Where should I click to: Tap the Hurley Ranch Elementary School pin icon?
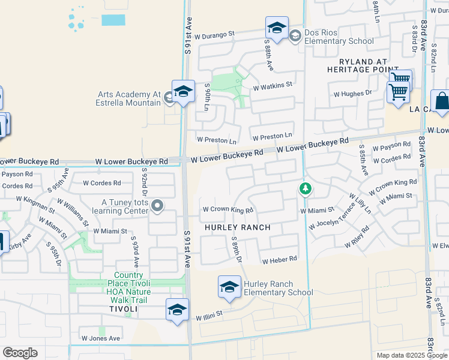229,287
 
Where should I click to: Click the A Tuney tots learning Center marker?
158,206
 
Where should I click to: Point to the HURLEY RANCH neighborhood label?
238,228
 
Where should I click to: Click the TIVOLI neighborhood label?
124,308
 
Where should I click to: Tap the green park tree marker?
306,190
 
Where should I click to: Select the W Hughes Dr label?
353,94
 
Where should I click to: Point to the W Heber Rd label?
280,260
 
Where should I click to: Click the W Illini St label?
209,314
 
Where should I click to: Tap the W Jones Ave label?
101,338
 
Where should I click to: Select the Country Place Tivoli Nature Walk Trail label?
128,287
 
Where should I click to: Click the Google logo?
20,353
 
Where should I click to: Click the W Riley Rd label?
357,237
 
